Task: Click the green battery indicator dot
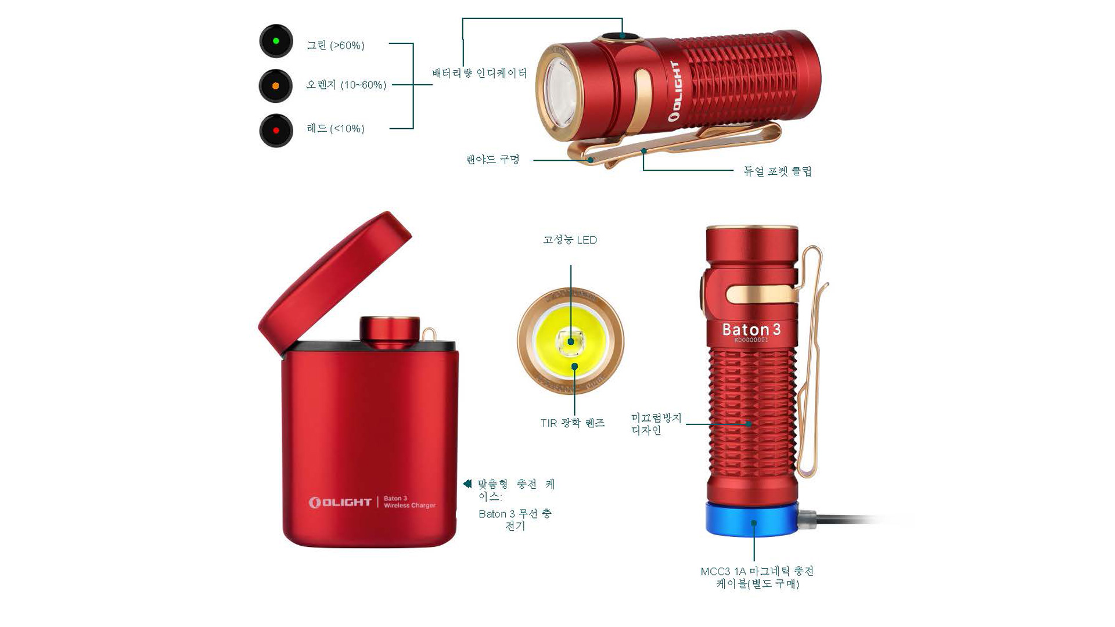point(276,41)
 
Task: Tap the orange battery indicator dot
point(276,86)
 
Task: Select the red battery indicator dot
point(276,131)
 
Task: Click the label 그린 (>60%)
point(336,45)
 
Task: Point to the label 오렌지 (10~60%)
point(346,85)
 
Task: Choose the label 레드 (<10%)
point(336,128)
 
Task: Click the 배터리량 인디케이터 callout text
point(480,73)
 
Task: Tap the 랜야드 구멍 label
point(492,159)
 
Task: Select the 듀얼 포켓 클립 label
point(778,171)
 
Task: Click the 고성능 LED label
point(570,240)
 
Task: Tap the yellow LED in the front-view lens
point(571,341)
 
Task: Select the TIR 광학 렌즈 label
point(573,423)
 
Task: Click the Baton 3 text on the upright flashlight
point(751,330)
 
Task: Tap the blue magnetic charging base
point(753,518)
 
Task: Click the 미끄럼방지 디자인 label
point(656,424)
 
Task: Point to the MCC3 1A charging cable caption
point(757,578)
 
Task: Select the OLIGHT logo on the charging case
point(340,502)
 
